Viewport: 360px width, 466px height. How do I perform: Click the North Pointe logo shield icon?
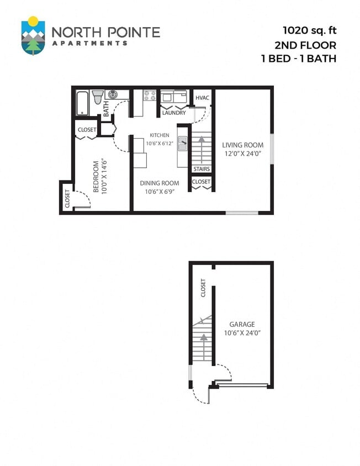pyautogui.click(x=33, y=36)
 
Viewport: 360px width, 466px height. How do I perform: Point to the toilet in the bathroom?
pyautogui.click(x=98, y=98)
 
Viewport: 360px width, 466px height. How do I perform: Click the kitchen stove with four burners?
pyautogui.click(x=149, y=96)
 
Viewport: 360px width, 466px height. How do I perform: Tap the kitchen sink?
pyautogui.click(x=182, y=141)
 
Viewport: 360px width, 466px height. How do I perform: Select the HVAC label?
pyautogui.click(x=202, y=98)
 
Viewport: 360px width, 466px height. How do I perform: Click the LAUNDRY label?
pyautogui.click(x=173, y=113)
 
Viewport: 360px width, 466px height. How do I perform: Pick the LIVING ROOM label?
pyautogui.click(x=242, y=145)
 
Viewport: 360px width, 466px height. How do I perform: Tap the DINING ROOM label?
pyautogui.click(x=159, y=183)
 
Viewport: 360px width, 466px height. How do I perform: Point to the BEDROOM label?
pyautogui.click(x=96, y=177)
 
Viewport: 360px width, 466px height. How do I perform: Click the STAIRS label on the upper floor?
pyautogui.click(x=201, y=169)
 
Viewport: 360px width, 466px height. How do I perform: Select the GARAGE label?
pyautogui.click(x=242, y=325)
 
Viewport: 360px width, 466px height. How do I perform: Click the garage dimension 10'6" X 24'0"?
pyautogui.click(x=242, y=333)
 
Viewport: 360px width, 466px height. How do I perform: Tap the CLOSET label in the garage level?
pyautogui.click(x=203, y=288)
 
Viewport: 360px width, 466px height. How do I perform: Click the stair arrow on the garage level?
pyautogui.click(x=204, y=341)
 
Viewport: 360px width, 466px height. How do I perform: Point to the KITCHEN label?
pyautogui.click(x=159, y=135)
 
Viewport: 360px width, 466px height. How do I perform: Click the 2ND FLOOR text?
pyautogui.click(x=306, y=45)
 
